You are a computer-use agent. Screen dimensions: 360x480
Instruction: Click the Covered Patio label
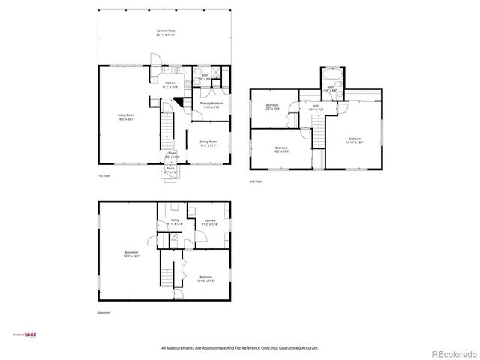click(166, 32)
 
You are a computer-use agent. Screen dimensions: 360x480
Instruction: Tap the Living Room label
click(125, 116)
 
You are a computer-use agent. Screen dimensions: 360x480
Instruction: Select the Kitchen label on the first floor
click(170, 84)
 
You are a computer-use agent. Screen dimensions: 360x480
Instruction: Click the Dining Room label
click(208, 142)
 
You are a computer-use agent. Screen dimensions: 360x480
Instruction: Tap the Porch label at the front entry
click(169, 170)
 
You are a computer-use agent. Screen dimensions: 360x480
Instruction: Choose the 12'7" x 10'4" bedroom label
click(271, 106)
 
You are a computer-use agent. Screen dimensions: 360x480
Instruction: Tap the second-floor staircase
click(318, 136)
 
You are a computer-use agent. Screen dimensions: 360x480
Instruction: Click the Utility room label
click(175, 221)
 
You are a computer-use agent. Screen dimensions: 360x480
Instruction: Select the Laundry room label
click(210, 221)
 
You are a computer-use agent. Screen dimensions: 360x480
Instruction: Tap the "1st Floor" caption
click(105, 176)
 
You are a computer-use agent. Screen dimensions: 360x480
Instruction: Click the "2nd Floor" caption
click(256, 181)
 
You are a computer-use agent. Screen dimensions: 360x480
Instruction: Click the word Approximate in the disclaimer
click(216, 348)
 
